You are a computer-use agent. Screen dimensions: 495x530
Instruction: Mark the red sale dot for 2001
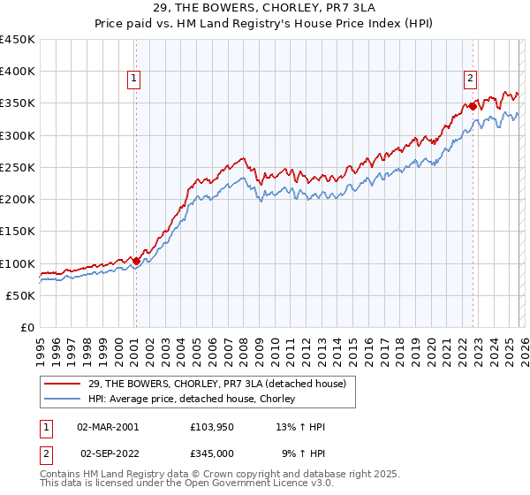(x=136, y=261)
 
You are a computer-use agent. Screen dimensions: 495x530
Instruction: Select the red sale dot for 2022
(x=473, y=107)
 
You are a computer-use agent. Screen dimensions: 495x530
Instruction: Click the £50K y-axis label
(x=20, y=295)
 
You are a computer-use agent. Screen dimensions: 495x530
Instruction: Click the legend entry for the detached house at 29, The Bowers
(x=210, y=384)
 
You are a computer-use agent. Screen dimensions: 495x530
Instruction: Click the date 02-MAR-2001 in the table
(x=108, y=427)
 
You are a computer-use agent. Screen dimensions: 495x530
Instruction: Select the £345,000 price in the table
(x=216, y=452)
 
